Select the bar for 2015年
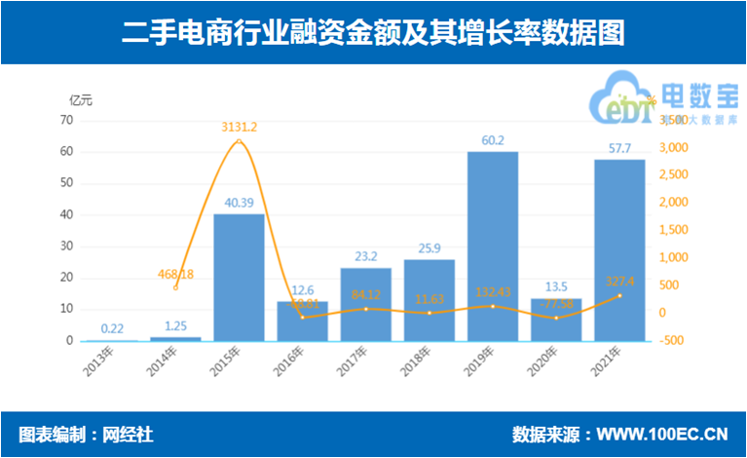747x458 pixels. coord(239,278)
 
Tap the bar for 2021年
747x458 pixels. coord(619,250)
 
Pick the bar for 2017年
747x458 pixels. coord(365,304)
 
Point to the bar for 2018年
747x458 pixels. coord(430,300)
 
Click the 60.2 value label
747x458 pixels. coord(493,140)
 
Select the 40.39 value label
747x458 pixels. coord(239,203)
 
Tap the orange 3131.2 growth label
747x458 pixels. coord(240,126)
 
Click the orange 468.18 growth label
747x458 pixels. coord(175,274)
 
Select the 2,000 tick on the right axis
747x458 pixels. coord(675,203)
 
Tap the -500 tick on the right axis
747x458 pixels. coord(673,341)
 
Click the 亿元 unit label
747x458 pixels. coord(80,99)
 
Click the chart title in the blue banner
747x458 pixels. coord(373,33)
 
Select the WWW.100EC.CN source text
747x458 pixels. coord(662,434)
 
